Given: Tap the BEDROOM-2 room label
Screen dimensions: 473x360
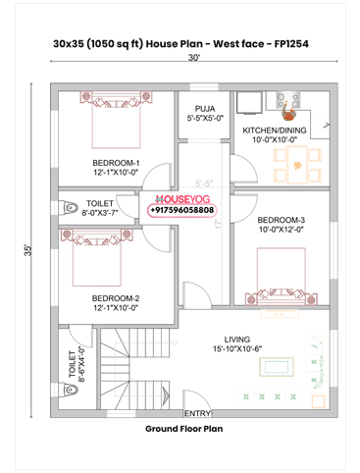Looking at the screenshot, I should pyautogui.click(x=116, y=297).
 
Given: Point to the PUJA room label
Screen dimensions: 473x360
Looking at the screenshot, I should pyautogui.click(x=205, y=108).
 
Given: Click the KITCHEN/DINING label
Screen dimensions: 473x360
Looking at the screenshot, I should pyautogui.click(x=275, y=131).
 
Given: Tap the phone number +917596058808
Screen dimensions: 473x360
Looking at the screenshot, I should pyautogui.click(x=182, y=210).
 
